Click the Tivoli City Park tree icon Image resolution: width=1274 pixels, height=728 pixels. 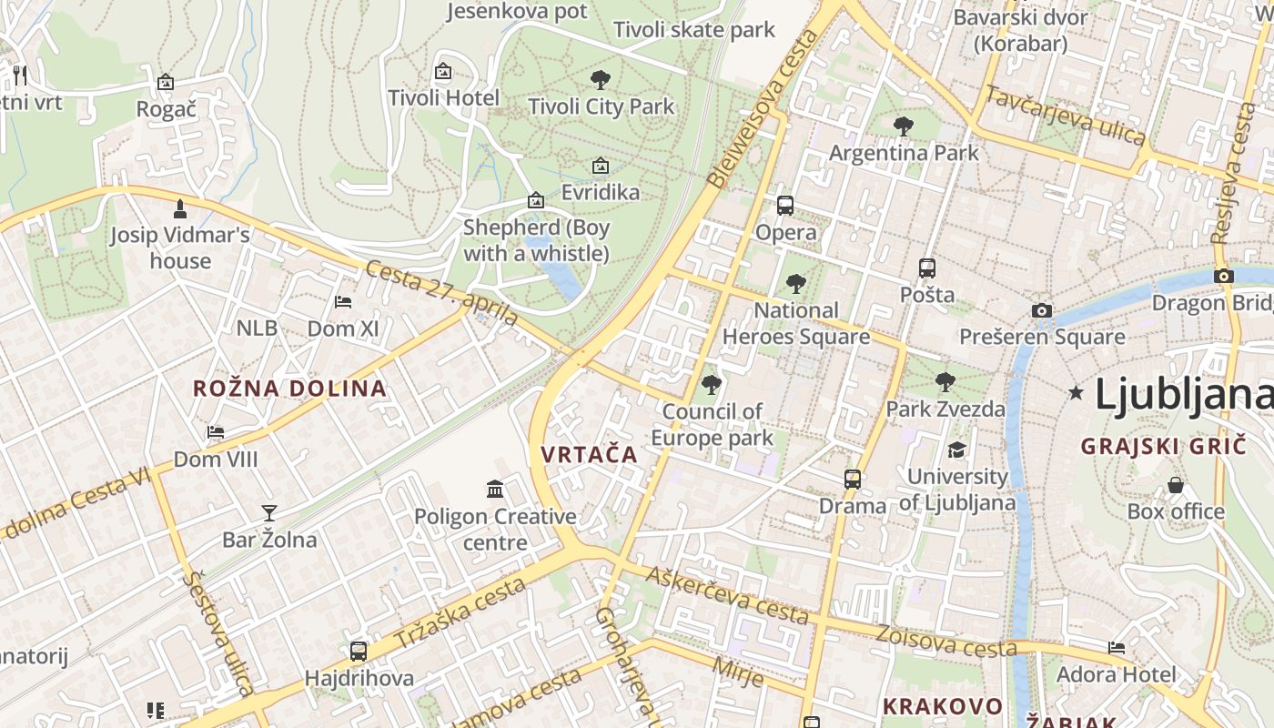click(600, 79)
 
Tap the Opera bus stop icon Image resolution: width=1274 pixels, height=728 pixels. click(785, 205)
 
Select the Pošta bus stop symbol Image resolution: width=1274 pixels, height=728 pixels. click(927, 268)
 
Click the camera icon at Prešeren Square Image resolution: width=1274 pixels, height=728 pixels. click(1042, 310)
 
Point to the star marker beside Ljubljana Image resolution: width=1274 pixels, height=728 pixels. click(1077, 393)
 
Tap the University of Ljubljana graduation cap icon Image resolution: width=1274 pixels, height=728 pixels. click(956, 450)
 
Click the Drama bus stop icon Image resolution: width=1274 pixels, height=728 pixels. click(853, 479)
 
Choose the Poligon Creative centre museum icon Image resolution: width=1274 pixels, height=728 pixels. click(495, 490)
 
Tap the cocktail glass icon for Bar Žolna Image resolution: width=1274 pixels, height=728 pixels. click(269, 513)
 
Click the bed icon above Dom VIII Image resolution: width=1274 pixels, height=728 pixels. click(216, 431)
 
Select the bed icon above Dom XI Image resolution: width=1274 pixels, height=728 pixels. click(343, 301)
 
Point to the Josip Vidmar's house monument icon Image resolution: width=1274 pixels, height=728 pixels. click(180, 208)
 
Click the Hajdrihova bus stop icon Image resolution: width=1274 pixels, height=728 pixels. click(359, 651)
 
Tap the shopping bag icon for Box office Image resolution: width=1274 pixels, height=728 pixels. click(1176, 484)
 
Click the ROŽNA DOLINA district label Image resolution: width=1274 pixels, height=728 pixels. click(289, 389)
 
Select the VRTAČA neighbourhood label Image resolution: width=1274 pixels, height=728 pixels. click(589, 454)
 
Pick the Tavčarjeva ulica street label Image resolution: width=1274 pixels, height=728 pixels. click(1065, 116)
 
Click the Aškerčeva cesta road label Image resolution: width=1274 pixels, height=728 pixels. click(727, 592)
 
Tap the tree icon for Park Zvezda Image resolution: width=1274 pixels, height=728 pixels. click(945, 381)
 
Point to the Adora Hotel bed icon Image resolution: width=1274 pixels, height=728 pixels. click(1117, 647)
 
